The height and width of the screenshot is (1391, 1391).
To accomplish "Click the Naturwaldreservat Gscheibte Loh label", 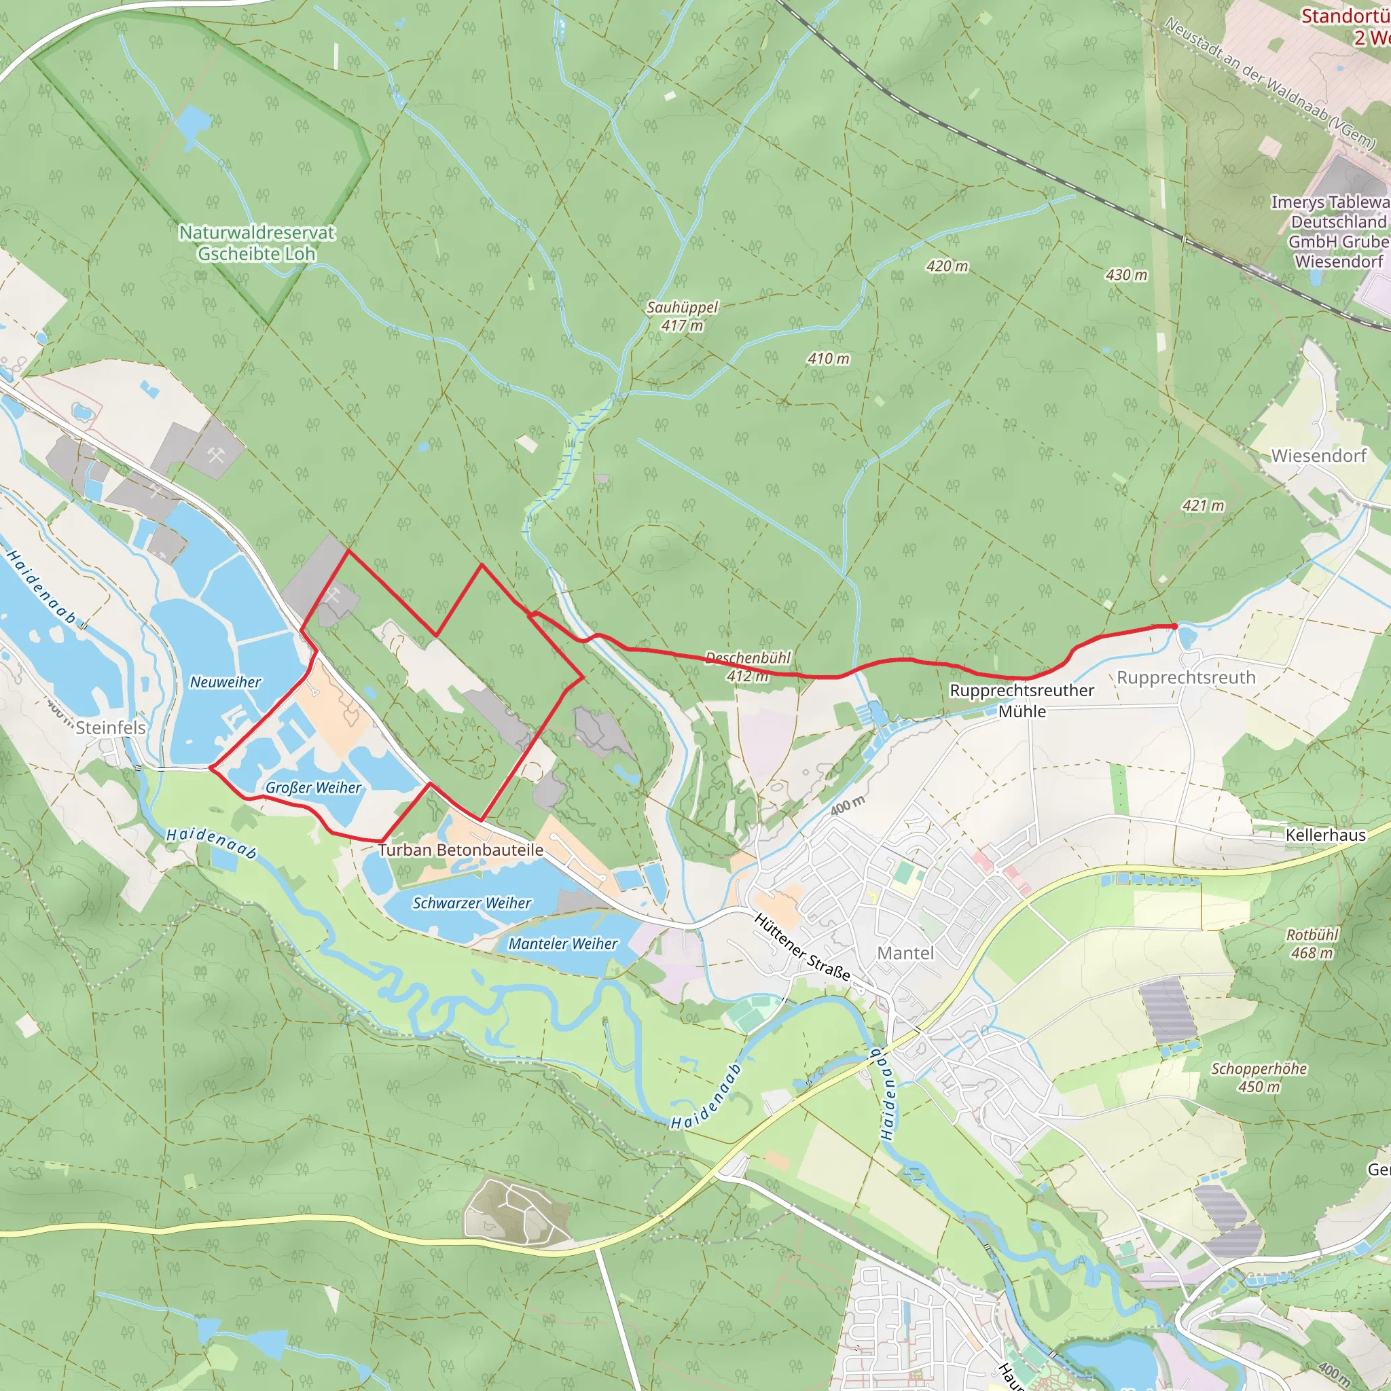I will [257, 242].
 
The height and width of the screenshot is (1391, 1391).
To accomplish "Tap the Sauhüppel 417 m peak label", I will [682, 316].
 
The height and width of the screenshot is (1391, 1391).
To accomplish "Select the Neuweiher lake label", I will [225, 682].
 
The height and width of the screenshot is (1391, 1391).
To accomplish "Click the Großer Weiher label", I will [313, 788].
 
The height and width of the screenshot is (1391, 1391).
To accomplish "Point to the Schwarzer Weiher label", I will [471, 903].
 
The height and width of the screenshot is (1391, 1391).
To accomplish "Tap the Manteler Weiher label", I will [563, 944].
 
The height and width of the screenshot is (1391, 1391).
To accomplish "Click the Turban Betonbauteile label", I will [460, 850].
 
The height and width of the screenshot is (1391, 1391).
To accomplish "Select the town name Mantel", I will [905, 953].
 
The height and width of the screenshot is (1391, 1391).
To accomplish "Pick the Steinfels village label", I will [110, 727].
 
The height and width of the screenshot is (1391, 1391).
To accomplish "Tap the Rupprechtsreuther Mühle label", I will [1022, 700].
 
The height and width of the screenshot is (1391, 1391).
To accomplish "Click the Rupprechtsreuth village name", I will [1186, 677].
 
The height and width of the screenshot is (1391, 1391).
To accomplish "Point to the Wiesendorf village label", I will [1318, 456].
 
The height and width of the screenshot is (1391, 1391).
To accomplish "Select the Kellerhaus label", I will [1326, 835].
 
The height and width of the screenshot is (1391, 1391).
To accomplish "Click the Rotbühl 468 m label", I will [1312, 944].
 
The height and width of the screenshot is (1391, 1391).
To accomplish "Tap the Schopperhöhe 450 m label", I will [1259, 1078].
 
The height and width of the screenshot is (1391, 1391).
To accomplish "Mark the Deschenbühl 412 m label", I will [747, 667].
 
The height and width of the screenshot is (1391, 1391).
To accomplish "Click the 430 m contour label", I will [1126, 275].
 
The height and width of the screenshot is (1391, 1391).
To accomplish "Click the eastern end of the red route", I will [1176, 626].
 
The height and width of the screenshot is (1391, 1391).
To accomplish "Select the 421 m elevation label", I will [1203, 505].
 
